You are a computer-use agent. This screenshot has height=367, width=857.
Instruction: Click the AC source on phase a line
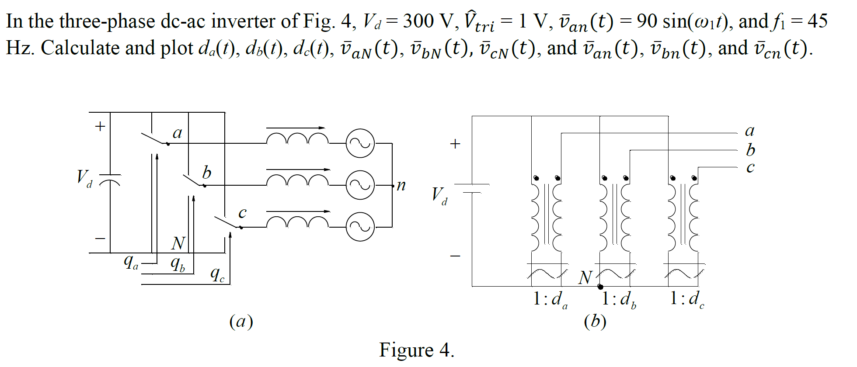[360, 143]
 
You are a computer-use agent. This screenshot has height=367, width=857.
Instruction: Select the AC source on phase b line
[360, 185]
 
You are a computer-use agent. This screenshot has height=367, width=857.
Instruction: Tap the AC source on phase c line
[360, 227]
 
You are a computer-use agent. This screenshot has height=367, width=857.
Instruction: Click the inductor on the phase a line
[297, 138]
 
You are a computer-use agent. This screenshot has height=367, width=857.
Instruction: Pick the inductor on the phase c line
[297, 222]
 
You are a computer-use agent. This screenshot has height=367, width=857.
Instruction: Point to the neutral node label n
[401, 185]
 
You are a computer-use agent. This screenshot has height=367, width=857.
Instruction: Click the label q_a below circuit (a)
[131, 262]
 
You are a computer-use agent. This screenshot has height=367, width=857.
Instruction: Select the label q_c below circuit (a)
[217, 275]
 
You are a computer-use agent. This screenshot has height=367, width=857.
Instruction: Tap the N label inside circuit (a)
[178, 243]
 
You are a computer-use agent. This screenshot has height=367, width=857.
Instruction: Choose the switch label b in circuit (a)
[207, 172]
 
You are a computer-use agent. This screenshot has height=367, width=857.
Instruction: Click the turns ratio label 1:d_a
[550, 299]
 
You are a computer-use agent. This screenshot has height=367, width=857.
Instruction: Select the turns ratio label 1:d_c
[687, 299]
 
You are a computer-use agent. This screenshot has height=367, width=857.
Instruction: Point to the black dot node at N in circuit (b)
[600, 287]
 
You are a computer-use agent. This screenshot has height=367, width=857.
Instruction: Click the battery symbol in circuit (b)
[472, 188]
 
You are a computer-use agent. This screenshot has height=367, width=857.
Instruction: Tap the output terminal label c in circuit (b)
[750, 167]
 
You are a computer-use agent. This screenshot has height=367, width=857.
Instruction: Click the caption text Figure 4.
[416, 350]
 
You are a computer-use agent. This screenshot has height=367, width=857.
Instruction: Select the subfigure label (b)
[595, 322]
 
